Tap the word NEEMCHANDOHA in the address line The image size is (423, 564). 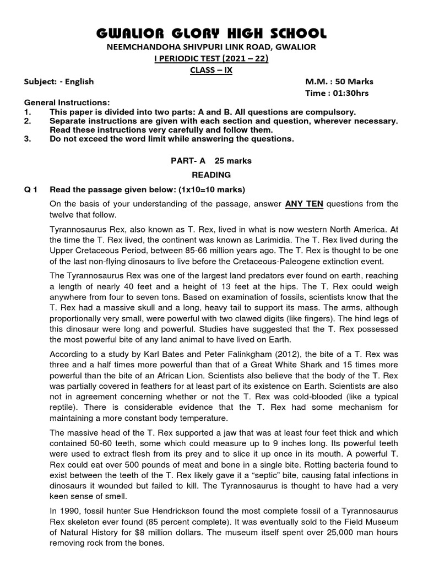click(142, 47)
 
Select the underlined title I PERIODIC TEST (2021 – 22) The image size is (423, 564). click(211, 59)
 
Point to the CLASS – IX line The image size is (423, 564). click(211, 70)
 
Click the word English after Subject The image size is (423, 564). click(80, 82)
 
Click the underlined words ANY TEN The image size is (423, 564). click(303, 204)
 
